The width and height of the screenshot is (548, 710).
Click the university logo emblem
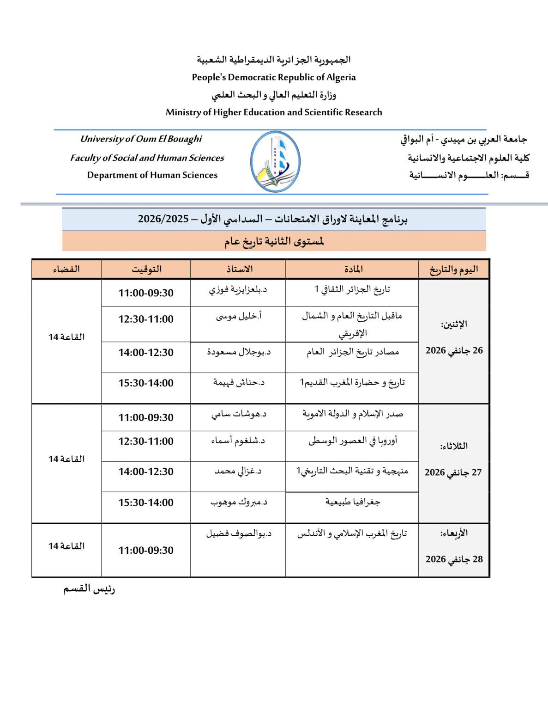tap(275, 162)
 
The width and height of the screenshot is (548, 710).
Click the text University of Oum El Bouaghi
tap(141, 139)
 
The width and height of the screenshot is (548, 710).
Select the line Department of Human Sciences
tap(152, 175)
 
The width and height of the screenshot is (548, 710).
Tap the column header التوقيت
tap(146, 269)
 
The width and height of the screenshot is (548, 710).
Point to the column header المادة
tap(353, 269)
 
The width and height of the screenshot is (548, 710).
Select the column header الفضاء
tap(66, 269)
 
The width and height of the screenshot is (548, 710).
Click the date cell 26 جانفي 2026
tap(454, 350)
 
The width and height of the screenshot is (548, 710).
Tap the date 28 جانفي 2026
tap(454, 559)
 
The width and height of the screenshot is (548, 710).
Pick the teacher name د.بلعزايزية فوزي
tap(238, 289)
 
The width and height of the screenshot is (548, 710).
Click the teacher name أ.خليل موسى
tap(239, 316)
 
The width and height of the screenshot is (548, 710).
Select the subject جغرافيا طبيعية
tap(353, 502)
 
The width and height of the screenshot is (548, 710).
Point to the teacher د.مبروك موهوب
tap(239, 502)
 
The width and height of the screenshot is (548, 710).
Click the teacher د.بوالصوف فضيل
tap(239, 533)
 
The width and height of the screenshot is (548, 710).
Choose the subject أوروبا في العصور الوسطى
tap(353, 441)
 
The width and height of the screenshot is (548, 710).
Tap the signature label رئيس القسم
tap(89, 589)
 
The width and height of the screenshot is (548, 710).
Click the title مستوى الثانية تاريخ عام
tap(274, 241)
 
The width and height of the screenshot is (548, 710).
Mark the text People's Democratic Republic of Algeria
tap(274, 77)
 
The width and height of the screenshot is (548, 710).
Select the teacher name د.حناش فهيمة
tap(239, 382)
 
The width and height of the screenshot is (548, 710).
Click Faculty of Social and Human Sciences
tap(147, 158)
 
